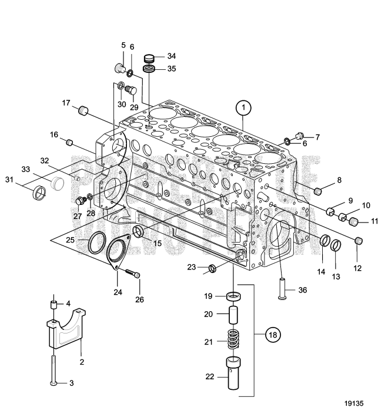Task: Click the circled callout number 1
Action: coord(243,108)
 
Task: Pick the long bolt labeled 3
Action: coord(53,364)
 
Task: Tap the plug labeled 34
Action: coord(149,58)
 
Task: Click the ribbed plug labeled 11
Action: coord(354,222)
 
